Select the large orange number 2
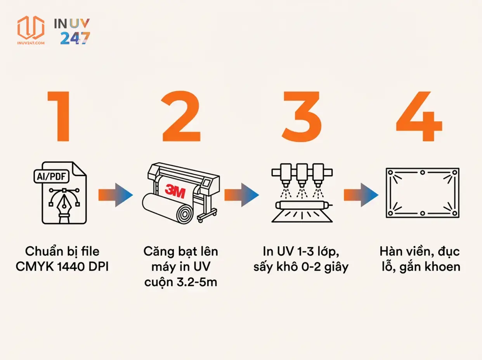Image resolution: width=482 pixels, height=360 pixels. [181, 117]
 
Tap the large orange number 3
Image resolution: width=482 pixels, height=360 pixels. [302, 117]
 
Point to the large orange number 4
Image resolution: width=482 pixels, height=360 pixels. [419, 117]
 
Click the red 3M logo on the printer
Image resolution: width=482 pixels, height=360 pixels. [175, 190]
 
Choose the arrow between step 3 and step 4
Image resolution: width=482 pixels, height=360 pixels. [361, 194]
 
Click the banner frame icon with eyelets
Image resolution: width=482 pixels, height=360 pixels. [422, 193]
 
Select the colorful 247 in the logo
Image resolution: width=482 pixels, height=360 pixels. [75, 38]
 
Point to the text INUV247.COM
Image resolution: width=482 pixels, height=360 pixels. [31, 42]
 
